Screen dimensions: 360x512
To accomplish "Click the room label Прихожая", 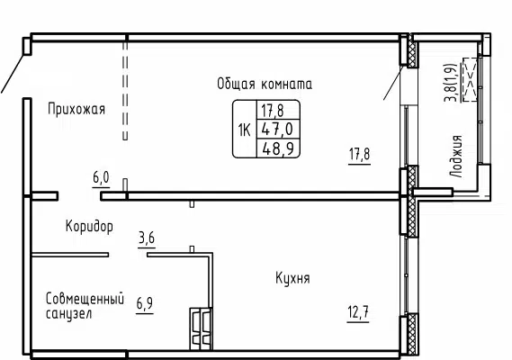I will [x=76, y=110].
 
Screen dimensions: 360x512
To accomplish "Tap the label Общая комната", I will [x=264, y=84].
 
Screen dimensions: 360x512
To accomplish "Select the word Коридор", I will [x=89, y=226].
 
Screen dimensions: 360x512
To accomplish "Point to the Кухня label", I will [x=292, y=279].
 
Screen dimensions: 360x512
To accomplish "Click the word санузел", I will [x=69, y=314].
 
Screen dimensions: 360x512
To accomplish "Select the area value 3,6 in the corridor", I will [x=147, y=238].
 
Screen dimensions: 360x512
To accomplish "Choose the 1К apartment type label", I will [x=244, y=129].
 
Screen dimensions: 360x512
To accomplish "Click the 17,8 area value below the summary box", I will [x=360, y=154].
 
